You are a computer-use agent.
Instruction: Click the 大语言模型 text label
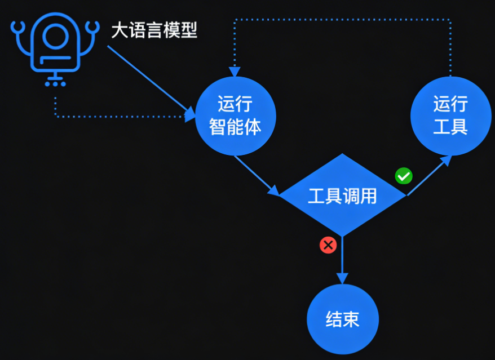tap(154, 30)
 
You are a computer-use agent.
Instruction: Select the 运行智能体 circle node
tap(235, 117)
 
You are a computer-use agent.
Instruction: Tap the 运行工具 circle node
tap(450, 115)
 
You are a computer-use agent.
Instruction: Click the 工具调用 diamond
tap(342, 196)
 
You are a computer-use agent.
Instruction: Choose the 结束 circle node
tap(342, 320)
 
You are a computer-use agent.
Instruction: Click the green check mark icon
tap(404, 176)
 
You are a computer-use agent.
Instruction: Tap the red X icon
tap(328, 245)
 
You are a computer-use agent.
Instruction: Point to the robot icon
tap(55, 48)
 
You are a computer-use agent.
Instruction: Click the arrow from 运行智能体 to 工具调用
tap(257, 175)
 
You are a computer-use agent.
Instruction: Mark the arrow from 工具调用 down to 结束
tap(342, 259)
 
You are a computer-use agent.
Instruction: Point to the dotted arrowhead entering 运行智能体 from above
tap(235, 72)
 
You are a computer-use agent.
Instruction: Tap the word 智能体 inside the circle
tap(235, 127)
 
